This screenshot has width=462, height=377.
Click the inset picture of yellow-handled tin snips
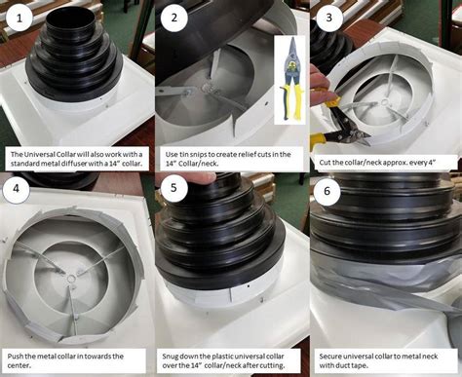tap(290, 78)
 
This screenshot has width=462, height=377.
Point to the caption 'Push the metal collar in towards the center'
tap(68, 358)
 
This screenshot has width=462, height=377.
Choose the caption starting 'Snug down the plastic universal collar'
tap(228, 358)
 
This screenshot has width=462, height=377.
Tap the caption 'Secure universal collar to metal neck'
tap(383, 358)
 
